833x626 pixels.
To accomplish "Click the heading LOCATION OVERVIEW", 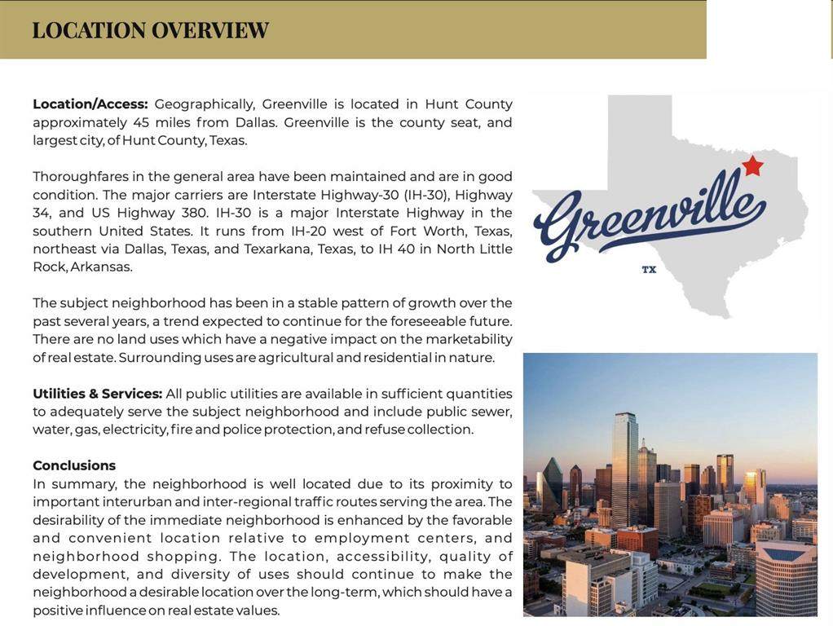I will point(150,30).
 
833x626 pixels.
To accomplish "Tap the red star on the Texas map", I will point(752,166).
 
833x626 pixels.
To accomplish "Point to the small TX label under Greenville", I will point(649,269).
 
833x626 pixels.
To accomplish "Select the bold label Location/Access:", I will point(90,104).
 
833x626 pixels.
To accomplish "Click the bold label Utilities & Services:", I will point(97,394).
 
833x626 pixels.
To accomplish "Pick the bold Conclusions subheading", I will point(74,465).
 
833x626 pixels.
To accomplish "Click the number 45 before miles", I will point(141,122).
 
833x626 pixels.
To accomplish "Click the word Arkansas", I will point(100,267).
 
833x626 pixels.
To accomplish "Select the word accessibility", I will point(383,556).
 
